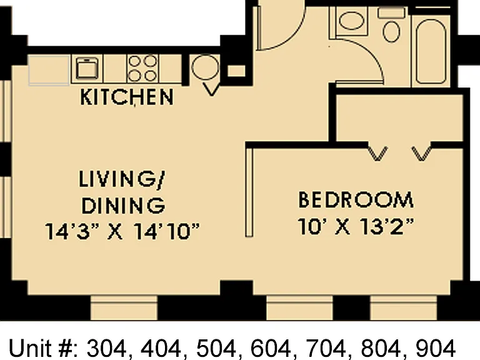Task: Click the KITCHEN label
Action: (x=127, y=97)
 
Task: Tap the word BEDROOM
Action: (x=356, y=200)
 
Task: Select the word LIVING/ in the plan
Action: (x=122, y=179)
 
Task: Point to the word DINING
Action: (x=123, y=206)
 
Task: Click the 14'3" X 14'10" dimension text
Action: (x=122, y=231)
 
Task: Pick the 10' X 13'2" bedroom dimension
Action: (x=356, y=226)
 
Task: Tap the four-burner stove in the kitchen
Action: (x=142, y=68)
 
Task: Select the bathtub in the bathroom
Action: (x=431, y=51)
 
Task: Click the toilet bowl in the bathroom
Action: (x=391, y=31)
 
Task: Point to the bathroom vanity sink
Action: (x=351, y=21)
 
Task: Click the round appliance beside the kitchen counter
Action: (x=205, y=67)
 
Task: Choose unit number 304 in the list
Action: (x=106, y=348)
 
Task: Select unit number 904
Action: (x=435, y=348)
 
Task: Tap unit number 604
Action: (x=270, y=348)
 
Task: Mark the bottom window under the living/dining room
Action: (x=124, y=307)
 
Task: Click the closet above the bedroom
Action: (x=399, y=118)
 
